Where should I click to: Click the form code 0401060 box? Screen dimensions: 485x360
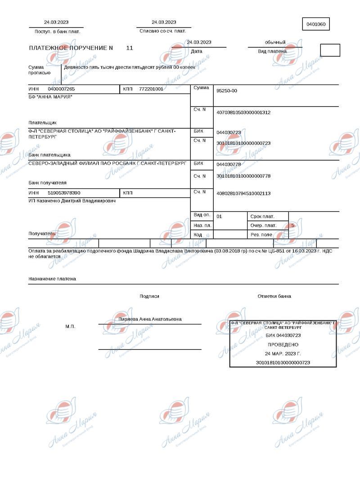point(316,24)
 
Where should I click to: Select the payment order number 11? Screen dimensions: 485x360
point(130,48)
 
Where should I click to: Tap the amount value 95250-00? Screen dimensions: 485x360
point(227,91)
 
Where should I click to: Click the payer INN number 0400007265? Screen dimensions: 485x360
point(61,89)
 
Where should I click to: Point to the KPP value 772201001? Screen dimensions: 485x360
point(151,89)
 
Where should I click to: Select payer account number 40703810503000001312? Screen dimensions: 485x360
point(243,112)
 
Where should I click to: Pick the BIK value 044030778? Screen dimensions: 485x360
point(229,164)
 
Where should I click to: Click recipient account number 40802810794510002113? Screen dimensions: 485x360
point(243,193)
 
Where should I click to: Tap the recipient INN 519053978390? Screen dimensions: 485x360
point(64,193)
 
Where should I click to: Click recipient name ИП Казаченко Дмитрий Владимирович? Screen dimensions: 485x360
point(72,201)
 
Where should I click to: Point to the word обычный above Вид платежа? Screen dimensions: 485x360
point(275,42)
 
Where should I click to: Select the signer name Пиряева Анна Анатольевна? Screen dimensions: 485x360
point(150,319)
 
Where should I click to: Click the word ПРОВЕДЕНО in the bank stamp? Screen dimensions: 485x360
point(283,344)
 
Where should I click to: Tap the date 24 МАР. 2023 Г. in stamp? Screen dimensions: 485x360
point(283,353)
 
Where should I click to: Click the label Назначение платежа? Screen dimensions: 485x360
point(52,279)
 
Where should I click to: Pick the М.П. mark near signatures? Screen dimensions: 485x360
point(70,326)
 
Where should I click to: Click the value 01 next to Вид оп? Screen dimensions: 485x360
point(219,216)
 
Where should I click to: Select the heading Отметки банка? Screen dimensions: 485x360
point(274,296)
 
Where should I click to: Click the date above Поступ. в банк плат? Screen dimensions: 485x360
point(56,22)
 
